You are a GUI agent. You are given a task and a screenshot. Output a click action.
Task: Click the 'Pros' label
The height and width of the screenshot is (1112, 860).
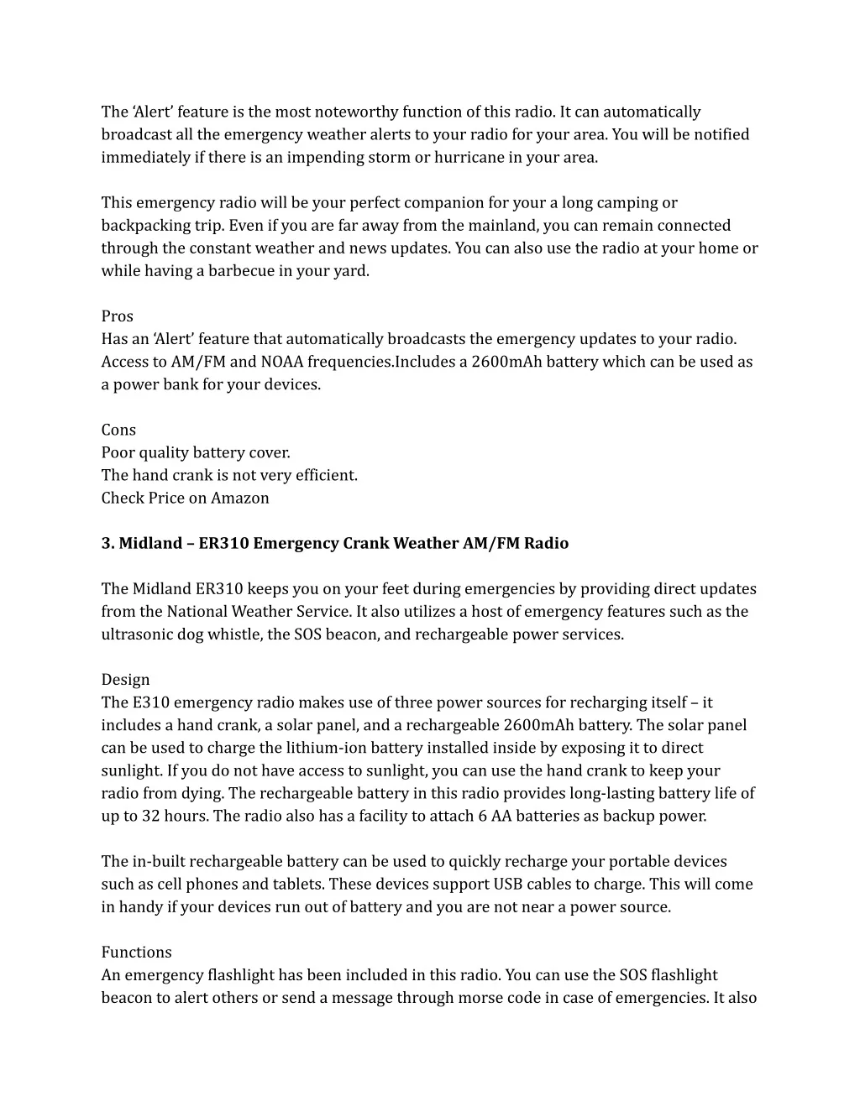[118, 316]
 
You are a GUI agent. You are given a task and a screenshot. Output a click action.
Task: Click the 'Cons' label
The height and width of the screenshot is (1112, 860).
[118, 430]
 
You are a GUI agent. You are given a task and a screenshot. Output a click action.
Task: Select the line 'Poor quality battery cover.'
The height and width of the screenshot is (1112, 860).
[196, 452]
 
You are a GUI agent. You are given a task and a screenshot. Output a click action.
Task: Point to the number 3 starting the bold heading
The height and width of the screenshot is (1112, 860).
[107, 543]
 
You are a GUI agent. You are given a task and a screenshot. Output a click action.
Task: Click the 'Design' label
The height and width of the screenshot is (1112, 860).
[126, 680]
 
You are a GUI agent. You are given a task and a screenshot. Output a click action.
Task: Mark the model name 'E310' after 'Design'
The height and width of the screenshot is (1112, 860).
[149, 702]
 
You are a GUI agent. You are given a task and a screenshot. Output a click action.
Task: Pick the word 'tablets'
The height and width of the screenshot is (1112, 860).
[299, 884]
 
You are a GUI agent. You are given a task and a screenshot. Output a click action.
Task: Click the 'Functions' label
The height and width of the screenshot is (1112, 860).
[137, 952]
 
